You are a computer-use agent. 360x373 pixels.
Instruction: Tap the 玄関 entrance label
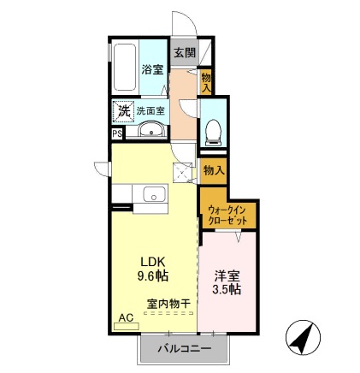184,52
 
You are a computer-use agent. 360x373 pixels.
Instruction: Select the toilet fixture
212,131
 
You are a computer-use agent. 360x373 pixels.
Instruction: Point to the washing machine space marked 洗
124,111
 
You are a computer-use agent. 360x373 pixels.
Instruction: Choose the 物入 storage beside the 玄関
205,80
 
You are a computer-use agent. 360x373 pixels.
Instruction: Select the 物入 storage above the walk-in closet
214,169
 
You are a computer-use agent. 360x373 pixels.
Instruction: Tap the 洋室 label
227,276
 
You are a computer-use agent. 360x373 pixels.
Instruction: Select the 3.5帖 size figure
227,290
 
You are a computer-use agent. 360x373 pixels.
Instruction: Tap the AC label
126,318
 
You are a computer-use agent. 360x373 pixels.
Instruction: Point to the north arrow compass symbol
299,338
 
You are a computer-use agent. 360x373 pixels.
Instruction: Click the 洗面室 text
154,110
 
